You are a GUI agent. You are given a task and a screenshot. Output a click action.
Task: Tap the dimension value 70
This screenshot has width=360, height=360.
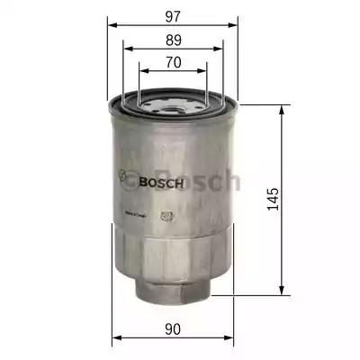[x=174, y=63]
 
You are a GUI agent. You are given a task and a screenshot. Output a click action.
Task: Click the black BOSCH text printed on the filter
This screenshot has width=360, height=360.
[x=163, y=183]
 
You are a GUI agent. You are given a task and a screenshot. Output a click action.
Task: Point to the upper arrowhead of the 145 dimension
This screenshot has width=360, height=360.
[x=286, y=106]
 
